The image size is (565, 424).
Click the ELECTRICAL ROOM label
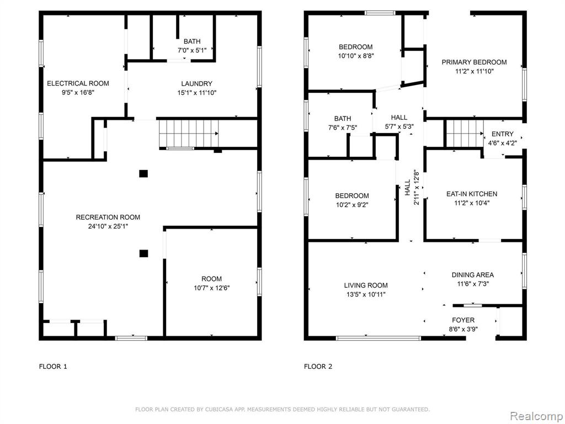point(78,83)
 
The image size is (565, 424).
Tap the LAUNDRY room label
point(197,84)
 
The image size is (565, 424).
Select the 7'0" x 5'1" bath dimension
point(192,50)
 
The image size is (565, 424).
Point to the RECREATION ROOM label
point(108,217)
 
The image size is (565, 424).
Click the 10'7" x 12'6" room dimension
point(211,288)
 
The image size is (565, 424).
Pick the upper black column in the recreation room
point(143,174)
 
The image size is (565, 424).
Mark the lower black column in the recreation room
point(143,253)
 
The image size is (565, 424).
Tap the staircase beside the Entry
point(465,134)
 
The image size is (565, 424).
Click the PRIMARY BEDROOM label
point(474,62)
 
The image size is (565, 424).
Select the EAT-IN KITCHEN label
point(472,194)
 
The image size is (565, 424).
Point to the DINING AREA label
point(473,275)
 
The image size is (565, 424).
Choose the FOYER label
point(463,320)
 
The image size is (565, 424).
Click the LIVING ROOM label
point(366,285)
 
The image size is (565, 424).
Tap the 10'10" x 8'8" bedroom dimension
point(356,56)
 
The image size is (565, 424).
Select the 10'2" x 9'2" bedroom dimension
point(352,205)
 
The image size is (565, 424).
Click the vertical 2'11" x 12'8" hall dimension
point(417,188)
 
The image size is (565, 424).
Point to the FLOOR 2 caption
point(318,367)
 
